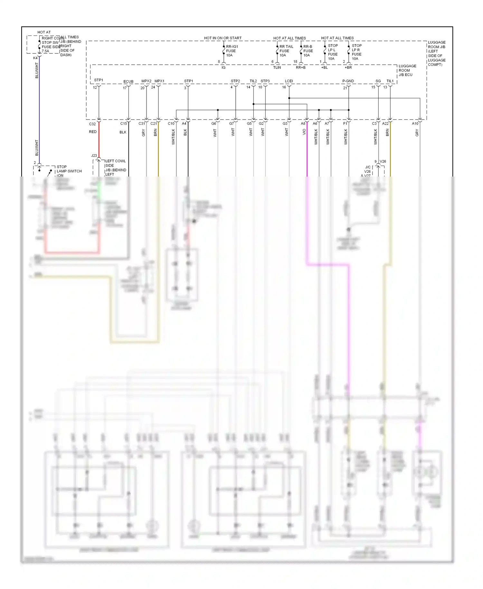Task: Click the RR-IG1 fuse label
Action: pos(232,51)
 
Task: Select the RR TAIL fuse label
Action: pos(286,51)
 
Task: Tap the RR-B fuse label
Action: pos(308,51)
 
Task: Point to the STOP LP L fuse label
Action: pos(333,52)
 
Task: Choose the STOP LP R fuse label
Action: pos(356,52)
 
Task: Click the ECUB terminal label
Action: pos(128,82)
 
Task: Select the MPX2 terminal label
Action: pos(146,81)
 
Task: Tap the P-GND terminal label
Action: pos(348,81)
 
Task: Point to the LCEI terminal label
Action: pos(289,81)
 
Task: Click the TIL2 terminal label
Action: pos(253,81)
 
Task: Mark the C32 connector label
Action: pos(92,124)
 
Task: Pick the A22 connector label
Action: pos(385,124)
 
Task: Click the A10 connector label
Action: pos(415,124)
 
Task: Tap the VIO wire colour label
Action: pos(304,132)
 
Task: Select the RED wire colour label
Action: pos(93,132)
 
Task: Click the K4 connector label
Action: pos(35,58)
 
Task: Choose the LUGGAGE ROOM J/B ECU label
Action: pos(407,70)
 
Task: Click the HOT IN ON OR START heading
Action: pos(223,38)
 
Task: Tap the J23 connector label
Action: pos(94,156)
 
